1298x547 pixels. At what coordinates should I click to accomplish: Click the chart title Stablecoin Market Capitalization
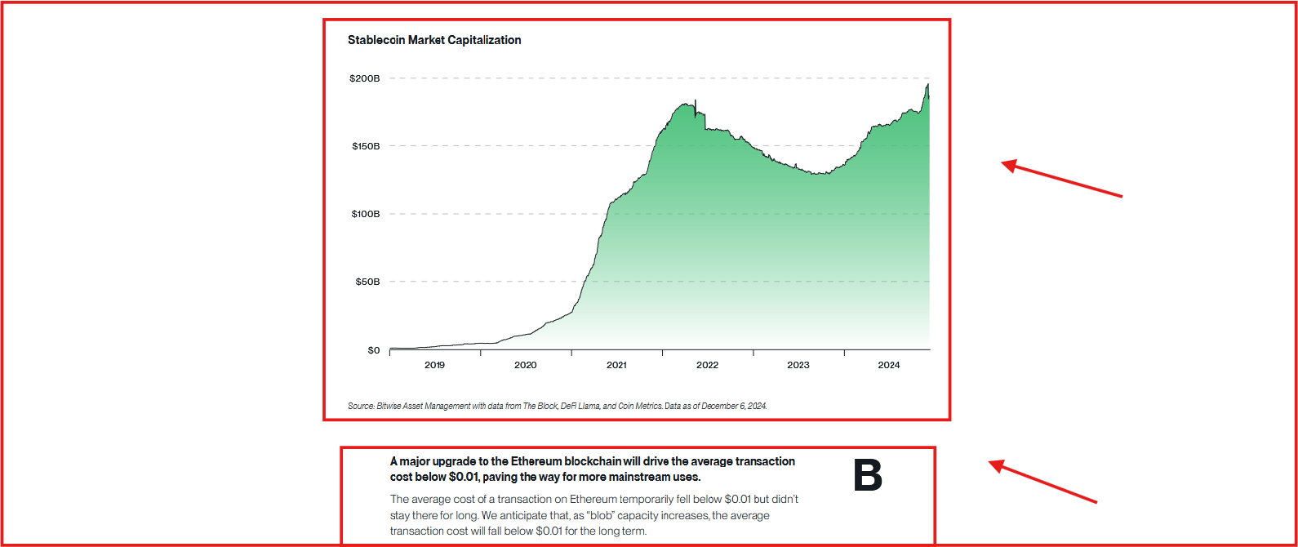click(x=434, y=40)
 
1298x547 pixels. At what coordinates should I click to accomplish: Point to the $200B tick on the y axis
click(x=364, y=78)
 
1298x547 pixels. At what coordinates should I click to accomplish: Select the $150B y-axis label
click(x=366, y=146)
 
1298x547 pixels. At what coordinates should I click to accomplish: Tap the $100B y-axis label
click(x=366, y=214)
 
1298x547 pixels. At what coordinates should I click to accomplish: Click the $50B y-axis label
click(x=367, y=282)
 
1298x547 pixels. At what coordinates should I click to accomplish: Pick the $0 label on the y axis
click(x=374, y=350)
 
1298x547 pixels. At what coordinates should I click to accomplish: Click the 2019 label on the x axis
click(x=434, y=365)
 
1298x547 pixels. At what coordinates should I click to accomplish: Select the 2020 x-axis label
click(x=526, y=365)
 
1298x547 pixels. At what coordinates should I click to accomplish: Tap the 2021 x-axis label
click(x=616, y=365)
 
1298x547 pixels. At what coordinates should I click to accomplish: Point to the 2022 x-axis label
click(x=708, y=365)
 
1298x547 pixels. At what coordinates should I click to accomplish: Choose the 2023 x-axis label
click(x=798, y=365)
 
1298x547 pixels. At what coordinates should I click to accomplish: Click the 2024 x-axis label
click(x=889, y=365)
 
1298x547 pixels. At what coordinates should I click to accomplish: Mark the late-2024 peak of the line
click(x=927, y=85)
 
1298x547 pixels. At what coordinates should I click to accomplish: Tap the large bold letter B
click(x=868, y=475)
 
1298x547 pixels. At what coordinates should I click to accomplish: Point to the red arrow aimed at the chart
click(x=1061, y=180)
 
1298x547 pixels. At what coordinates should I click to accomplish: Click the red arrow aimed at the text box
click(x=1042, y=480)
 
